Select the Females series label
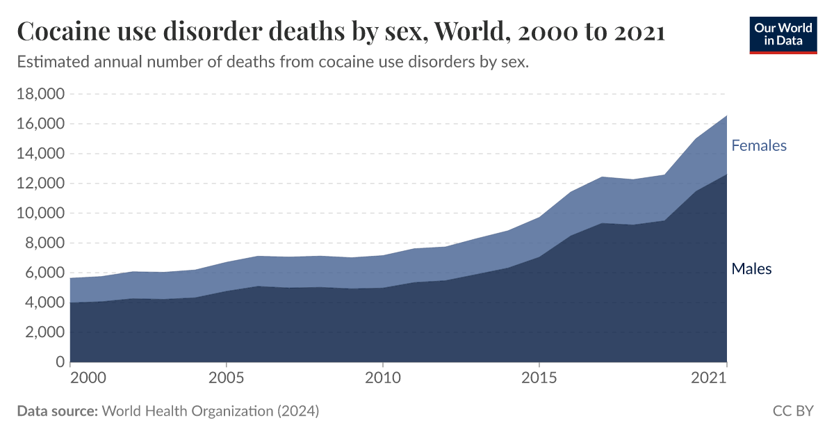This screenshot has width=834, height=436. (x=758, y=145)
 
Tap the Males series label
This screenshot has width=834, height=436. (x=751, y=268)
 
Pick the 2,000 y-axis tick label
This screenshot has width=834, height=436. (x=43, y=332)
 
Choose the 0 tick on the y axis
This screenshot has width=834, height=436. (x=59, y=362)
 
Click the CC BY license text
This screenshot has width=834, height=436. (x=792, y=411)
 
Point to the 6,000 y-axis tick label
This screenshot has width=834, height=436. (x=43, y=273)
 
